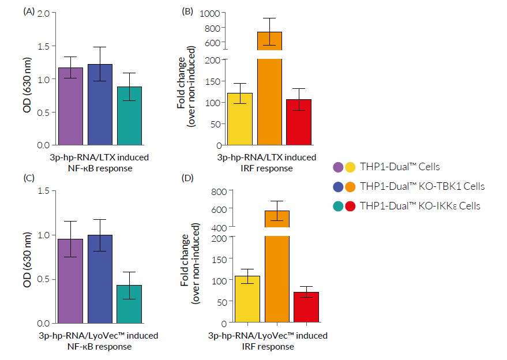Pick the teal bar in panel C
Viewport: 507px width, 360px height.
pyautogui.click(x=129, y=303)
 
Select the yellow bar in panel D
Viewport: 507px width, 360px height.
pyautogui.click(x=247, y=299)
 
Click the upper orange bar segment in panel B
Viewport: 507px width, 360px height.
pyautogui.click(x=269, y=41)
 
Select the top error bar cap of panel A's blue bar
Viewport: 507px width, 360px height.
pyautogui.click(x=100, y=47)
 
